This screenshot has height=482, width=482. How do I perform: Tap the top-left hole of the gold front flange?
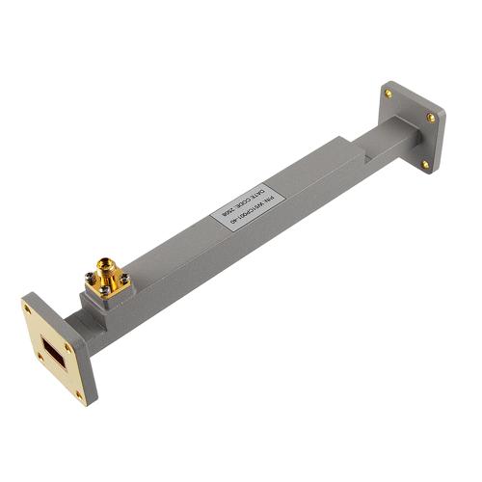click(33, 311)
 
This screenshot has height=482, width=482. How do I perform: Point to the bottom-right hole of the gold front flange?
click(82, 390)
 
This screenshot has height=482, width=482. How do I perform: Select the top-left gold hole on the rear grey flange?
click(389, 94)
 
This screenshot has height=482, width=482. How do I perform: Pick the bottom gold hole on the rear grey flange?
click(425, 164)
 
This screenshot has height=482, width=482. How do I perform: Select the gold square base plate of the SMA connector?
click(106, 283)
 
